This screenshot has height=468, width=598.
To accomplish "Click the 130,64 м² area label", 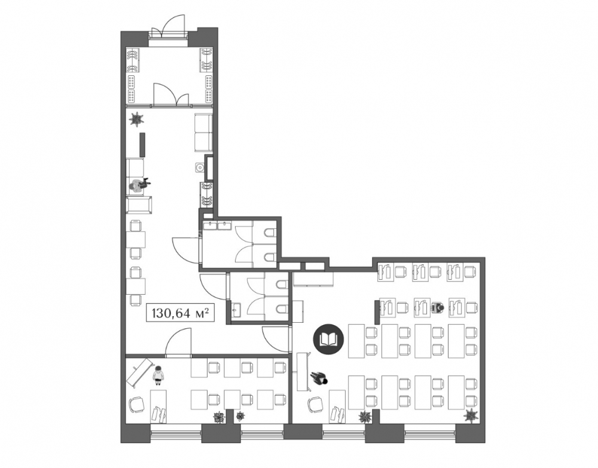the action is point(181,313).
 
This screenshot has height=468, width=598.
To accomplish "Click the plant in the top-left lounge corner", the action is point(136,120).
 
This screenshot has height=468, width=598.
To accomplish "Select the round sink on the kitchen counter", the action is point(199,167).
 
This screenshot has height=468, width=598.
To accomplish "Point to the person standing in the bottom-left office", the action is point(158,375).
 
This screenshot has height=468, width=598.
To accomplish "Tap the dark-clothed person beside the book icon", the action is point(319,378).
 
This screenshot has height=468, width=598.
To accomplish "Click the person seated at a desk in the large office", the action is point(438,307).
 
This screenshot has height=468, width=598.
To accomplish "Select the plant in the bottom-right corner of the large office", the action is point(472,415).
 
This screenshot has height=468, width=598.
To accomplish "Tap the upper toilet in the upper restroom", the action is point(270,233).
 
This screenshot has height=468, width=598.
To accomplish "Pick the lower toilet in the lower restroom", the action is point(280,308).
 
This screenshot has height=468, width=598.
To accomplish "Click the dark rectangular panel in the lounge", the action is point(142,144).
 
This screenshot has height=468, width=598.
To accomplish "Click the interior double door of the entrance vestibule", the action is point(171,94).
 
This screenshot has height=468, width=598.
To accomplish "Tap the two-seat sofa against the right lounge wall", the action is point(203,132).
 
